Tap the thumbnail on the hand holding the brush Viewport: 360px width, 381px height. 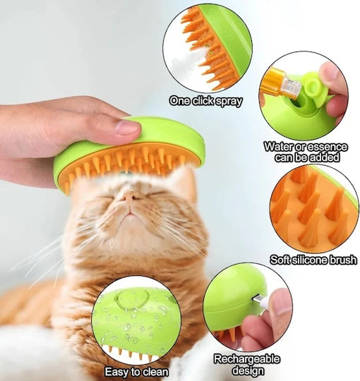pyautogui.click(x=127, y=127)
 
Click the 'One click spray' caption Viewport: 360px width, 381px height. pyautogui.click(x=206, y=101)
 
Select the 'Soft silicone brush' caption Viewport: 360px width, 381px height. pyautogui.click(x=313, y=260)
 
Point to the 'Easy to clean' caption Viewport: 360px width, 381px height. pyautogui.click(x=136, y=372)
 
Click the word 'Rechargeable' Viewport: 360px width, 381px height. pyautogui.click(x=247, y=359)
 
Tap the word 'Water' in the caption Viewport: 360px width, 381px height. pyautogui.click(x=279, y=147)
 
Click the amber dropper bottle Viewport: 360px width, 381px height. pyautogui.click(x=281, y=84)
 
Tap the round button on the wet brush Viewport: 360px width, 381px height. pyautogui.click(x=132, y=299)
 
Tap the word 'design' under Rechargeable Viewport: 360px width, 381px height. pyautogui.click(x=248, y=370)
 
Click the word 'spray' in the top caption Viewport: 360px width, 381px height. pyautogui.click(x=229, y=102)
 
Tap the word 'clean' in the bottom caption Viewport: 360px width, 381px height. pyautogui.click(x=155, y=372)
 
